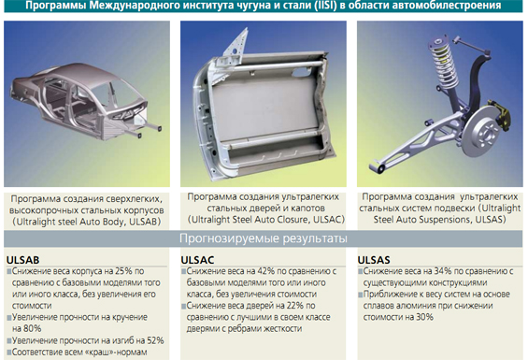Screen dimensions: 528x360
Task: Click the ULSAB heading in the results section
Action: [22, 260]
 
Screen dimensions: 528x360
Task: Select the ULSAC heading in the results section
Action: [197, 260]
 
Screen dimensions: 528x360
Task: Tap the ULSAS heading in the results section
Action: [374, 260]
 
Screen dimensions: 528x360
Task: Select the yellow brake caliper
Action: [502, 115]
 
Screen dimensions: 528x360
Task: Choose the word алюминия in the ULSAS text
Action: [425, 306]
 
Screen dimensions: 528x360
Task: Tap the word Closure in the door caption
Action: [288, 220]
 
